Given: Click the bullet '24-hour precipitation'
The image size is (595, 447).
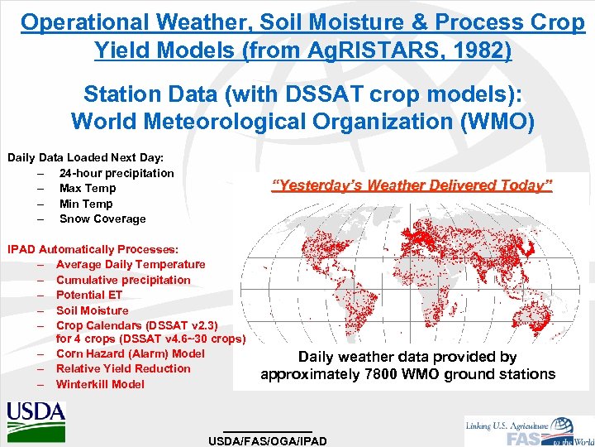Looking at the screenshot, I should pyautogui.click(x=117, y=173).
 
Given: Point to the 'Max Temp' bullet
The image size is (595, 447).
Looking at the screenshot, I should pyautogui.click(x=87, y=188).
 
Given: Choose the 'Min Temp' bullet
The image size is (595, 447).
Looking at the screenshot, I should pyautogui.click(x=86, y=204).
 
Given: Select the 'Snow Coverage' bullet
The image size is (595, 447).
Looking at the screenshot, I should pyautogui.click(x=102, y=219).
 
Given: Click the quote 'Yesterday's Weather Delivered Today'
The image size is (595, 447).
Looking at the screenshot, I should pyautogui.click(x=412, y=185).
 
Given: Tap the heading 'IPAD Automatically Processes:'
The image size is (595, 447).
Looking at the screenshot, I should pyautogui.click(x=92, y=248).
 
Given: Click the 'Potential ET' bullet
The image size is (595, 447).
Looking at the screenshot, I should pyautogui.click(x=88, y=295).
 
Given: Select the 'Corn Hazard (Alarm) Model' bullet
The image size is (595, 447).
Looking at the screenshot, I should pyautogui.click(x=130, y=353).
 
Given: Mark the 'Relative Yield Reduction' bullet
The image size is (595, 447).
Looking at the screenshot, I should pyautogui.click(x=123, y=368).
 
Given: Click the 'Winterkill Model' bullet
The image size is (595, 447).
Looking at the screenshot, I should pyautogui.click(x=99, y=384).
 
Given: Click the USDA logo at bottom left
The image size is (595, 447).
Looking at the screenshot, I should pyautogui.click(x=36, y=416).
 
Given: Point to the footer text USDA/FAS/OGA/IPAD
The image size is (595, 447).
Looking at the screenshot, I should pyautogui.click(x=268, y=441).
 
